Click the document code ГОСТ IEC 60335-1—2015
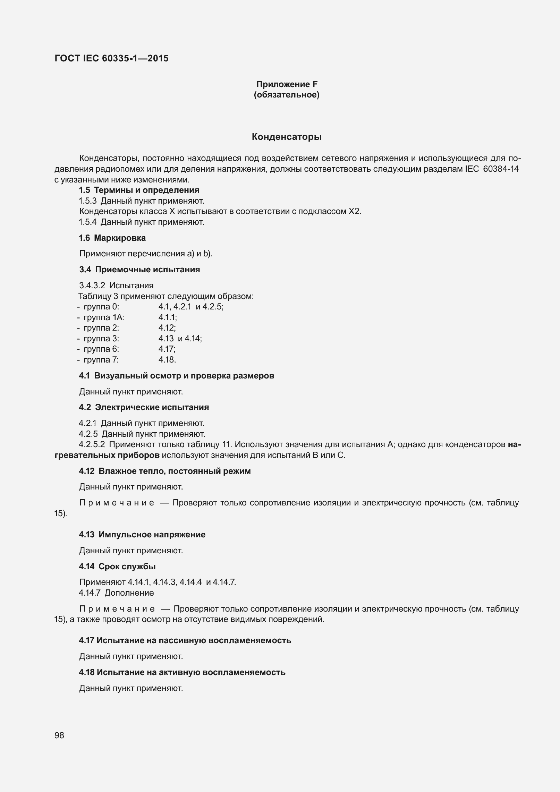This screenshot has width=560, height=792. [111, 58]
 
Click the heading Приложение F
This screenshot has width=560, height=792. [287, 84]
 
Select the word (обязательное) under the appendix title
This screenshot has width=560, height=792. [287, 95]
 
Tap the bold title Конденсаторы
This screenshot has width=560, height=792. [287, 137]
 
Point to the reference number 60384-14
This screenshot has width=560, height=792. [501, 169]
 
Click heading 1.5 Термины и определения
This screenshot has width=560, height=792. [139, 190]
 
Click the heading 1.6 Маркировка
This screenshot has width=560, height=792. [112, 238]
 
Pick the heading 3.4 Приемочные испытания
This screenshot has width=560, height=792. [139, 270]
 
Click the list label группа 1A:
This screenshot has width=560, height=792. [104, 317]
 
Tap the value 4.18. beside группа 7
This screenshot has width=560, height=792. [167, 360]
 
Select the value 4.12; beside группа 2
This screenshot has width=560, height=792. [167, 328]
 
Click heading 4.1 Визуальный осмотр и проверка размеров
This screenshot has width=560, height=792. [177, 376]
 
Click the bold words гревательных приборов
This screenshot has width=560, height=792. [107, 455]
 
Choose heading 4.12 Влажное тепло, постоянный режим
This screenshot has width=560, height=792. [165, 471]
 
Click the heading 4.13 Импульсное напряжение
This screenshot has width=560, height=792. [142, 535]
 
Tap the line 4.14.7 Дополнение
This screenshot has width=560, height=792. [116, 593]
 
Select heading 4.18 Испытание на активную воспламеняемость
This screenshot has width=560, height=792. [182, 672]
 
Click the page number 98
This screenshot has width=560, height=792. [59, 735]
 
